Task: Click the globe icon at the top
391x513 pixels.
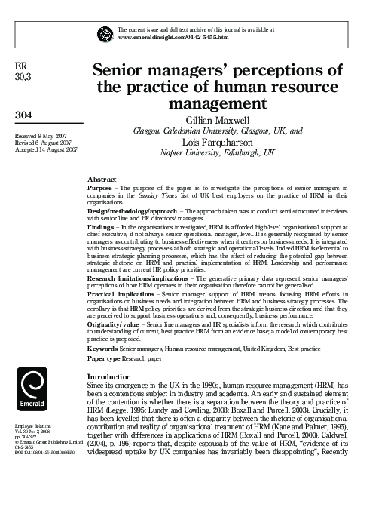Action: [x=103, y=32]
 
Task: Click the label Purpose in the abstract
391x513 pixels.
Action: [x=100, y=187]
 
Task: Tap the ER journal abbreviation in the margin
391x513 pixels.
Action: [x=20, y=66]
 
